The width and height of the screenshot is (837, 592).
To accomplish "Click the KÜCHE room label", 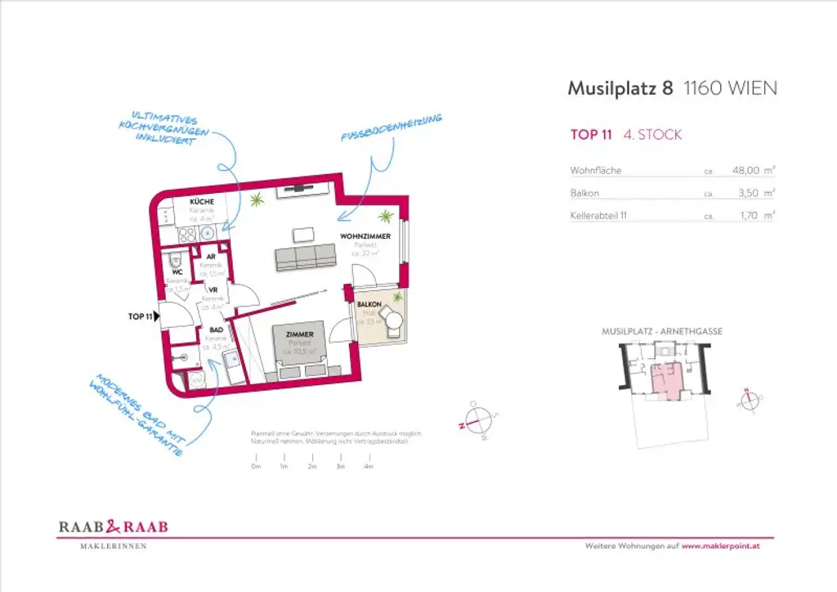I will point(202,201).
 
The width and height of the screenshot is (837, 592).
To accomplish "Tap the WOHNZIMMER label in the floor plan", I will point(365,236).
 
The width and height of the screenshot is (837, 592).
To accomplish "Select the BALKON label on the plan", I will point(369,304).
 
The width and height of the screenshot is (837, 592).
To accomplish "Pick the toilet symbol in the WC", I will point(173,261).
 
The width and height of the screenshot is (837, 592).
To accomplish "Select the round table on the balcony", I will point(394,320).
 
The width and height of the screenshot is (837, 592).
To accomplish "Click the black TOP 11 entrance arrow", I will point(156,316).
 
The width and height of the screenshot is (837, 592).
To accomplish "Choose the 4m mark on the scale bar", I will point(369,466).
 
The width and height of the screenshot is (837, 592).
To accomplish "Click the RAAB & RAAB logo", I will point(113,527).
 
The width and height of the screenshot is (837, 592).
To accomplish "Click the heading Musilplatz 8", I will point(620,88).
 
